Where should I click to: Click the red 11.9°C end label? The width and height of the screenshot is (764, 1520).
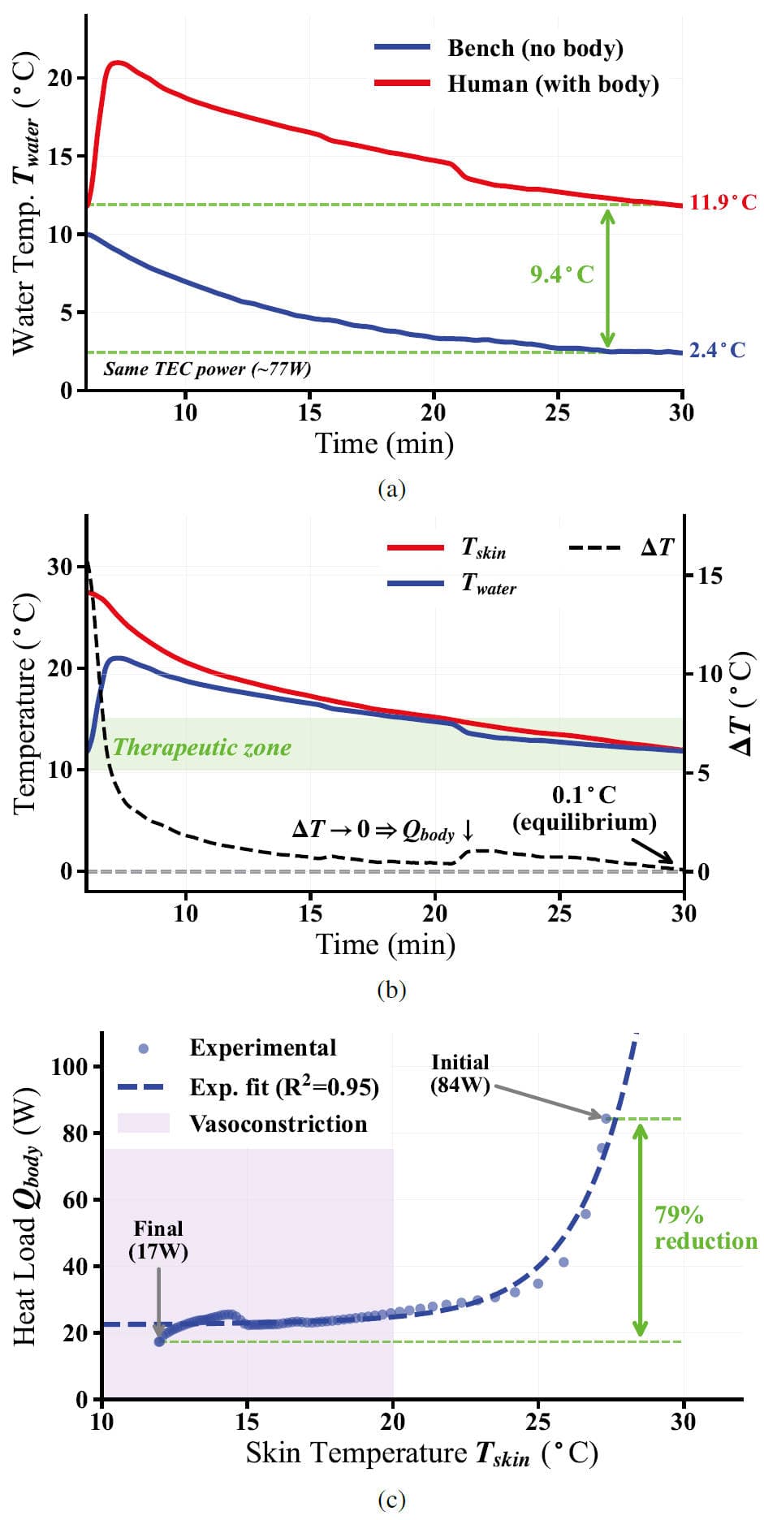[723, 202]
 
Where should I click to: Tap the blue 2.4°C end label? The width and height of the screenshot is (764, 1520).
[717, 350]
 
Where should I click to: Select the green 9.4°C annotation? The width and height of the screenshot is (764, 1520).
[562, 274]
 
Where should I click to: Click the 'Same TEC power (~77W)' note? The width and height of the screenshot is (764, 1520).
[207, 369]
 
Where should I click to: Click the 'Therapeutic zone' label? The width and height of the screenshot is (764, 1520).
[202, 747]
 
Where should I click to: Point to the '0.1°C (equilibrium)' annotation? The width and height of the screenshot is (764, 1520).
[584, 808]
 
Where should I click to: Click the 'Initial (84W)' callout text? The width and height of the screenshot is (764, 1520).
[460, 1073]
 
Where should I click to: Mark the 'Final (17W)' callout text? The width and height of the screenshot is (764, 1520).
[158, 1239]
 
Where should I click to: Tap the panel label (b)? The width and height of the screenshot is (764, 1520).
[391, 989]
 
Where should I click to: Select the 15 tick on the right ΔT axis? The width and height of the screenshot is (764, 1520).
[710, 576]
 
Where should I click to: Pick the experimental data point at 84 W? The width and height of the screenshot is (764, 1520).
[606, 1117]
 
